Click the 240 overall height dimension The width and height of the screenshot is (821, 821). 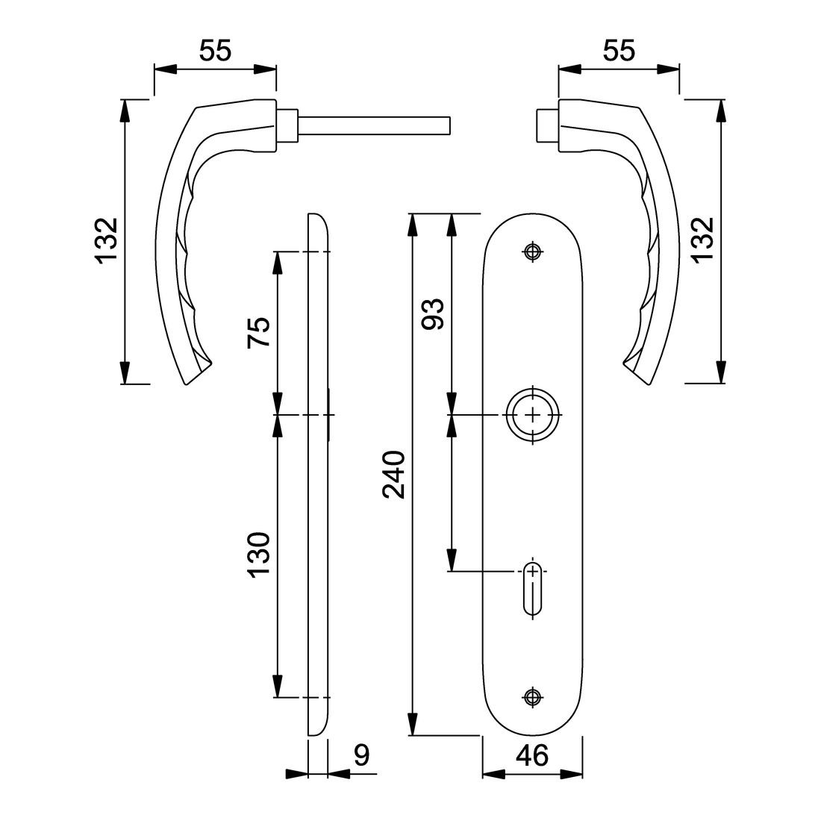coord(393,475)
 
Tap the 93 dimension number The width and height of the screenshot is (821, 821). coord(433,313)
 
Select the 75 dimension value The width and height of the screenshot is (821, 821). coord(258,332)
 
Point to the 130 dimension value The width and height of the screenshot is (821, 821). coord(258,555)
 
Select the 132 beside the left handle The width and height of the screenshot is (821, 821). coord(107,241)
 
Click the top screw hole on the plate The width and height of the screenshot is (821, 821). coord(531,252)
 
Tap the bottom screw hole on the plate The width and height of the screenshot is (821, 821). coord(531,696)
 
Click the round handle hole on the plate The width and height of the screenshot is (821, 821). coord(531,415)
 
